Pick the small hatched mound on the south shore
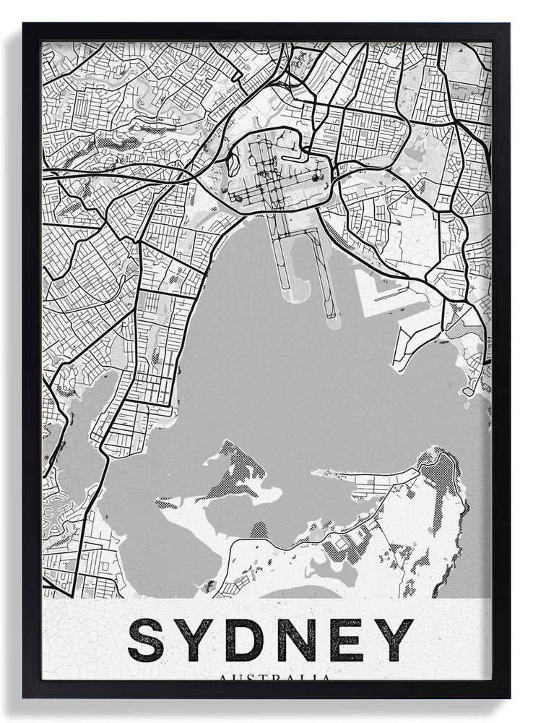click(259, 530)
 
